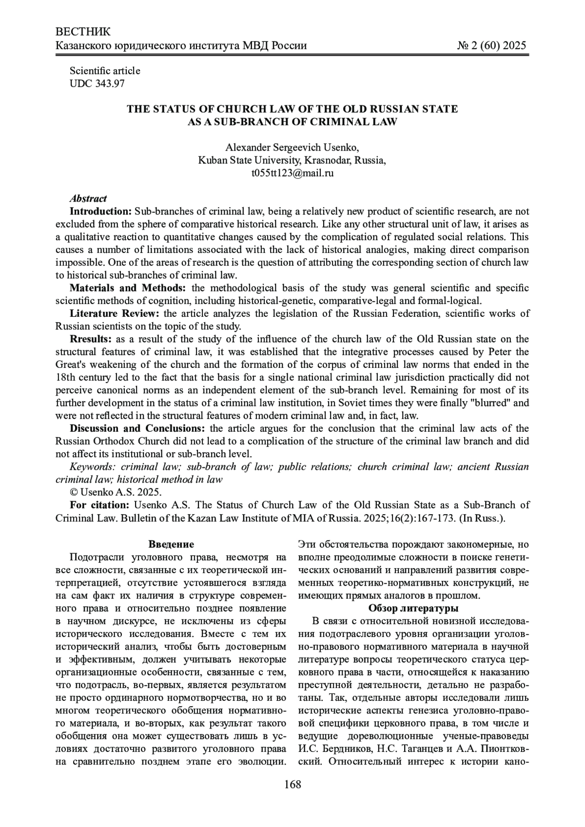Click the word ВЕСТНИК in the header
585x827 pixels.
point(83,32)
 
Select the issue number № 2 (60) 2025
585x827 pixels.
point(492,46)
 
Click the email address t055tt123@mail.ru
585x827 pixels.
point(292,173)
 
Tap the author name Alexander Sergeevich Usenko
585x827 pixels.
point(292,148)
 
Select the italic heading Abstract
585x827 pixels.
point(88,198)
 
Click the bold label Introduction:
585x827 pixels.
point(101,212)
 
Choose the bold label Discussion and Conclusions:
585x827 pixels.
point(138,428)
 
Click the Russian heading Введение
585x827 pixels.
point(171,544)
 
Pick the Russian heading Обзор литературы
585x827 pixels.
point(413,608)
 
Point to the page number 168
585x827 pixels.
point(292,785)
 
